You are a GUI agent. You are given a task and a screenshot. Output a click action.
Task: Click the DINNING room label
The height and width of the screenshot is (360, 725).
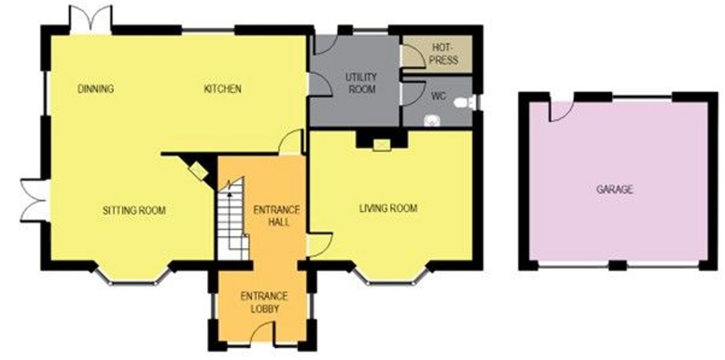(96, 89)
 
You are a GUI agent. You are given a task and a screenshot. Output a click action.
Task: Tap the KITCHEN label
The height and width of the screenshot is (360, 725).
(223, 89)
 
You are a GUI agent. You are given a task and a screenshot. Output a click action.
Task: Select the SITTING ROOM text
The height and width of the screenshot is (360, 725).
(134, 211)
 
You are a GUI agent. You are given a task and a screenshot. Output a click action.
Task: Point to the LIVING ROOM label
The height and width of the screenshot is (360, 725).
(389, 208)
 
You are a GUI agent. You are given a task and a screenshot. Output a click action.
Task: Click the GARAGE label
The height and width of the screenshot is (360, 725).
(615, 189)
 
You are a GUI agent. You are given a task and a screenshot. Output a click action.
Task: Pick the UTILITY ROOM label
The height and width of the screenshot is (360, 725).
(361, 83)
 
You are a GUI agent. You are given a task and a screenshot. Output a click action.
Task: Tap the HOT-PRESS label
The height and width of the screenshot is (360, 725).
(445, 54)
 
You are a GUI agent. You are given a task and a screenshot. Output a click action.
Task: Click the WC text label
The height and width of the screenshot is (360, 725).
(438, 96)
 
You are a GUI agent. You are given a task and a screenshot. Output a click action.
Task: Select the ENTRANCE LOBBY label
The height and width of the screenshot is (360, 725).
(264, 302)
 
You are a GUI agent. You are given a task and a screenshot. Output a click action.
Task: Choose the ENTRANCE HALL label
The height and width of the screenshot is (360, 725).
(276, 216)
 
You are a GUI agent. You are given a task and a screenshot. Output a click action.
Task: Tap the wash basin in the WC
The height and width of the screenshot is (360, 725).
(432, 121)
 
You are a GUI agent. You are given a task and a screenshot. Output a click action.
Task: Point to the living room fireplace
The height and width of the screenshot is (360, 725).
(382, 145)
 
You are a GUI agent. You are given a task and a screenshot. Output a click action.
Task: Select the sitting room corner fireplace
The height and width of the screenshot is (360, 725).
(198, 169)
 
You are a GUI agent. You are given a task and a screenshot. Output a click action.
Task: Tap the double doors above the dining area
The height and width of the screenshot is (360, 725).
(91, 19)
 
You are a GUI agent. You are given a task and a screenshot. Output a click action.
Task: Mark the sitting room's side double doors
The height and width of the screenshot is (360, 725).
(35, 200)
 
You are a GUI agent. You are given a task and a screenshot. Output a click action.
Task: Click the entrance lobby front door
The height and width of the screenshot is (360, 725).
(263, 332)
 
